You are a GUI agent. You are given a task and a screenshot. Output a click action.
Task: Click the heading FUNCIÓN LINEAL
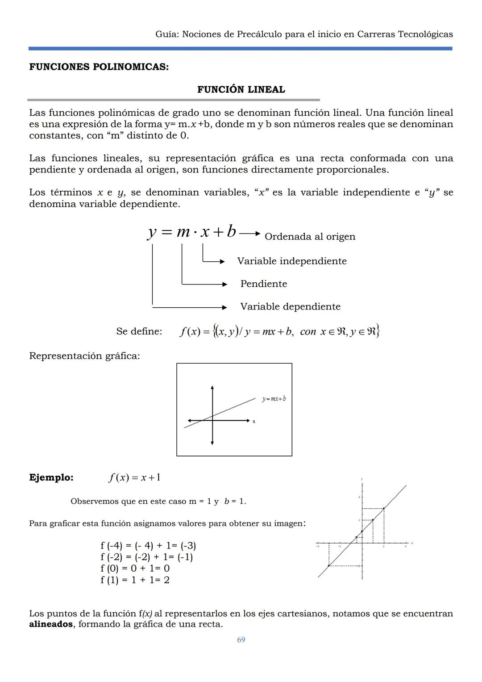click(241, 89)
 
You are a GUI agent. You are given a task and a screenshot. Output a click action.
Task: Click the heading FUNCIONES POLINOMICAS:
click(99, 67)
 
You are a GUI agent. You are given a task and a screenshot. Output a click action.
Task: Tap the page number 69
click(241, 640)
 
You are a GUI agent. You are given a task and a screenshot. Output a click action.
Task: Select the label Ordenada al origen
click(310, 237)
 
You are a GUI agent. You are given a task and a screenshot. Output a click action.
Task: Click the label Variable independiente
click(291, 261)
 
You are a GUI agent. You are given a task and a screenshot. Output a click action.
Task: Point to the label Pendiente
click(263, 284)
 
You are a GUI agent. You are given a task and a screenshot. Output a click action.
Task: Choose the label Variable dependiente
click(290, 307)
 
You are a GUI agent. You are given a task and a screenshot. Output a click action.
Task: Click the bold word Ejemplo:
click(51, 477)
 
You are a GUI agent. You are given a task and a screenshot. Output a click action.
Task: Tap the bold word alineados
click(51, 624)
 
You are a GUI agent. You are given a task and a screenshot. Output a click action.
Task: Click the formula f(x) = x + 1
click(135, 477)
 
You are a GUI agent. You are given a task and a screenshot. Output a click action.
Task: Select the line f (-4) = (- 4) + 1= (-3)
click(148, 545)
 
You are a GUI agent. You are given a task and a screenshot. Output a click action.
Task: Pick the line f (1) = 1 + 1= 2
click(135, 580)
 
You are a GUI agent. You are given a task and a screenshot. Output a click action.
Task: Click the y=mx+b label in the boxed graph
click(274, 398)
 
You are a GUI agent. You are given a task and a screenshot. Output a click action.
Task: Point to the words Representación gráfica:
click(84, 356)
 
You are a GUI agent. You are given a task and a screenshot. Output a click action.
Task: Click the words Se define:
click(139, 331)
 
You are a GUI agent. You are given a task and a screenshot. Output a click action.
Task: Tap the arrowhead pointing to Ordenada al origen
click(257, 233)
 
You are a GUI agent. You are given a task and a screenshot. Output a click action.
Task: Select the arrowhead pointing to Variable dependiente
click(224, 307)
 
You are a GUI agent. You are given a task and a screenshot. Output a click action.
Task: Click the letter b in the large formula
click(231, 232)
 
